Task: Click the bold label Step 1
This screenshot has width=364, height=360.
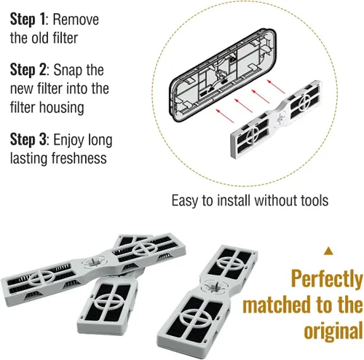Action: pos(28,20)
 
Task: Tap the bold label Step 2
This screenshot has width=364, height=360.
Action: pos(28,70)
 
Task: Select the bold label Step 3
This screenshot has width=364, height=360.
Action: pos(28,140)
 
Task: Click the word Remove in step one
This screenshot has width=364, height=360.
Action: pos(76,20)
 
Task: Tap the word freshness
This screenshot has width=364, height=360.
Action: pos(79,158)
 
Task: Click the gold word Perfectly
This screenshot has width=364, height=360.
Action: pos(327,280)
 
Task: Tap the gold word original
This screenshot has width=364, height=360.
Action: pos(333,332)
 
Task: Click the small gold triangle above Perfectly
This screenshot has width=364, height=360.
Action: pos(328,251)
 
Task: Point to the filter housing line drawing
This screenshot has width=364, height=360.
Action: pos(222,74)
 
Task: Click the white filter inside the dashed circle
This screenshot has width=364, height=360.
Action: pos(277,119)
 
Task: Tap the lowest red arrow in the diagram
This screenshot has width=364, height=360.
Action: pos(225,116)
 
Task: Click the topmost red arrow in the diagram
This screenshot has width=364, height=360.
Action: pos(276,86)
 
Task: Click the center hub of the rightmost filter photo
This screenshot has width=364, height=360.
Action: pos(214,286)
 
